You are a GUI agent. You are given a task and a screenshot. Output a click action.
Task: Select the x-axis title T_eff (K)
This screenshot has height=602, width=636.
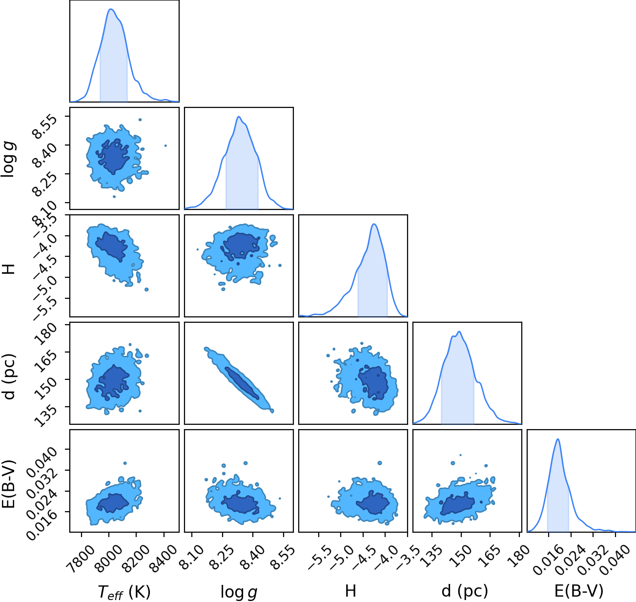click(x=124, y=592)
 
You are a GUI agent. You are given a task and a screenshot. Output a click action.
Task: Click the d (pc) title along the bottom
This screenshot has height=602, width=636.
click(x=465, y=591)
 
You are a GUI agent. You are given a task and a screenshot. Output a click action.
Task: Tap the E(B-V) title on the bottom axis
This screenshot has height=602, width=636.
click(x=579, y=591)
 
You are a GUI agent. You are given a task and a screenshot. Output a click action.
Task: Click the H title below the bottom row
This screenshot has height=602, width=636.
click(x=350, y=591)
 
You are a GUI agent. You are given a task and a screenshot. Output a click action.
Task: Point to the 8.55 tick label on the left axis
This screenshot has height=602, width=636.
click(x=45, y=126)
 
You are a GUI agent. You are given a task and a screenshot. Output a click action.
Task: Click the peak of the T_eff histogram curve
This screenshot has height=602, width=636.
click(x=111, y=9)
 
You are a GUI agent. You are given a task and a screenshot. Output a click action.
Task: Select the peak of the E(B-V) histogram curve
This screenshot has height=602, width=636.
click(x=558, y=439)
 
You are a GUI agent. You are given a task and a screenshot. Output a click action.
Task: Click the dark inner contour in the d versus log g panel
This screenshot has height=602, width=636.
click(x=242, y=383)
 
